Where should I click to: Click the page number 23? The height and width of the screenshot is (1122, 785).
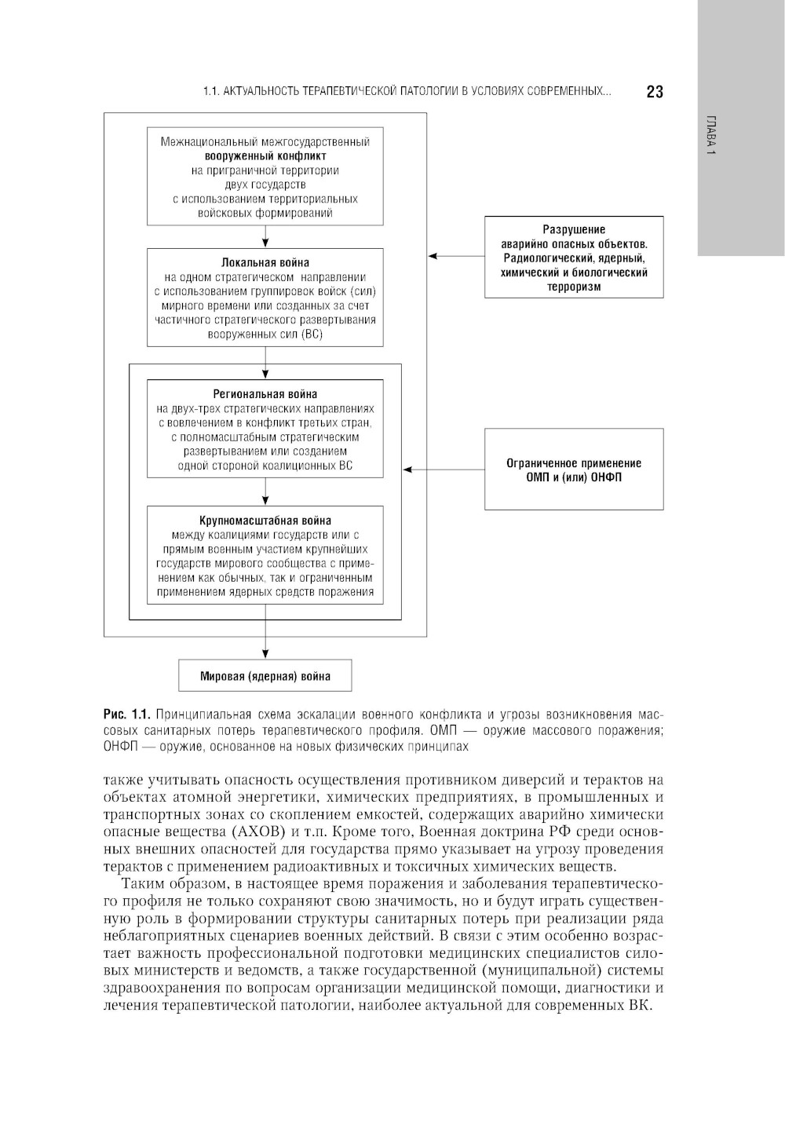pos(655,92)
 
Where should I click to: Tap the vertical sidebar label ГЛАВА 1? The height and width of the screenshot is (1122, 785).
pos(710,135)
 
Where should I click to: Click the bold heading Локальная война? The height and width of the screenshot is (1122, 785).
pos(265,262)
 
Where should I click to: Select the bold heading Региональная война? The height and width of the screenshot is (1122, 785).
pos(265,394)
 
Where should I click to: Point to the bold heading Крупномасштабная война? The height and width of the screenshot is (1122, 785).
pos(265,520)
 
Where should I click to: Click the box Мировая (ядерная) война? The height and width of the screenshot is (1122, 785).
pos(265,675)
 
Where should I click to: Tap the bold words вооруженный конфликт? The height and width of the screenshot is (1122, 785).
pos(265,155)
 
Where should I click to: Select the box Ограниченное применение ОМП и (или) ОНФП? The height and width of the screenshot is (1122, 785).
pos(574,470)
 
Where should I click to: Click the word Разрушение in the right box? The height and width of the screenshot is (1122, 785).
pos(574,229)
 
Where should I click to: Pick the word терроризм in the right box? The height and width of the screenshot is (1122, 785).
pos(574,287)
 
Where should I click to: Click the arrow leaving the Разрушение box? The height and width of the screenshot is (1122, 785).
pos(456,256)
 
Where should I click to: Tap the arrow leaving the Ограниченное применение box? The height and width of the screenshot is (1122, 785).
pos(444,470)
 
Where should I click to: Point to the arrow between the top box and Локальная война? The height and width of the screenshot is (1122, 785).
pos(266,237)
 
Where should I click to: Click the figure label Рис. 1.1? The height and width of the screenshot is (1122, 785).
pos(126,714)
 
